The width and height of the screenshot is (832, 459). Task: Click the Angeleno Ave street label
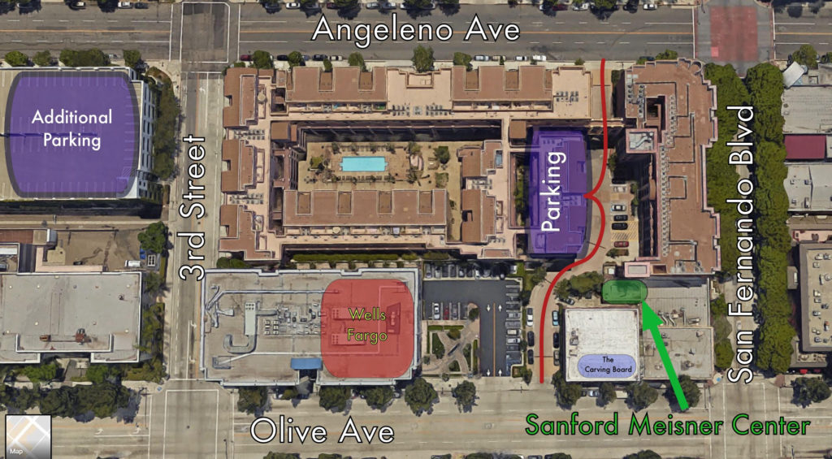[x=415, y=30]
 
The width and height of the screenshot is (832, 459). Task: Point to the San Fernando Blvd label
[x=742, y=244]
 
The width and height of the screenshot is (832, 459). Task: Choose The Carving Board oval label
[x=605, y=366]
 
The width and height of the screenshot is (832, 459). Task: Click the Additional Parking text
[x=71, y=128]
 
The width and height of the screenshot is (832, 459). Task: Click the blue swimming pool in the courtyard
[x=363, y=164]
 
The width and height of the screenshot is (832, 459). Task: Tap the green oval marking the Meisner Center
[x=625, y=291]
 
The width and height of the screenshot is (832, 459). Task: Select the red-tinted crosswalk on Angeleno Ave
[x=734, y=32]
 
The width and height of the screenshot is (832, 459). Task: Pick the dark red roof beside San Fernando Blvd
[x=804, y=147]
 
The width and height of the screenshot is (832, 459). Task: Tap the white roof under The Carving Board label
[x=601, y=333]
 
